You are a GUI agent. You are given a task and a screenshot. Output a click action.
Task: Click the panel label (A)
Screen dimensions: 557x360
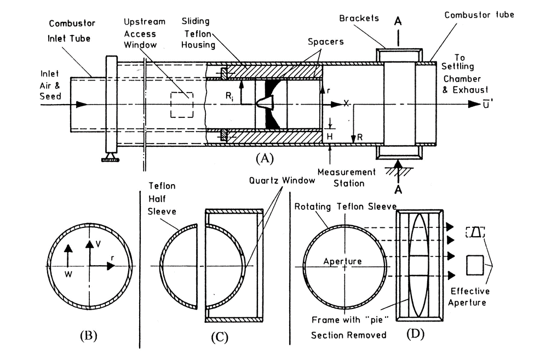pos(265,158)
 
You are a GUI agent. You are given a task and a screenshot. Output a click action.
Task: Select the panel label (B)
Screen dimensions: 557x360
pos(89,335)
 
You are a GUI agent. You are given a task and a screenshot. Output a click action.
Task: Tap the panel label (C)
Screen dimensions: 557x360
pos(220,337)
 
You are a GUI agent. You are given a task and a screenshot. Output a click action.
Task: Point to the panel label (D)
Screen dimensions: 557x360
pos(415,334)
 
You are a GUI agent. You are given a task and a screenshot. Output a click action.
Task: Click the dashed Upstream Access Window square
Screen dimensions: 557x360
pos(182,105)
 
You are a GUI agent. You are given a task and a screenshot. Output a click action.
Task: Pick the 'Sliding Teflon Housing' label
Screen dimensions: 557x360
pos(198,33)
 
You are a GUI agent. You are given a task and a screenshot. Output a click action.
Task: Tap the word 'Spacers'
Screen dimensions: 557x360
pos(326,42)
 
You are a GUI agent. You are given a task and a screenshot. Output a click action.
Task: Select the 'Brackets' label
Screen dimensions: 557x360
pos(359,18)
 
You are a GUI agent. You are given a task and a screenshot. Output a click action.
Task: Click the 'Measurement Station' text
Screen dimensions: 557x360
pos(346,178)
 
